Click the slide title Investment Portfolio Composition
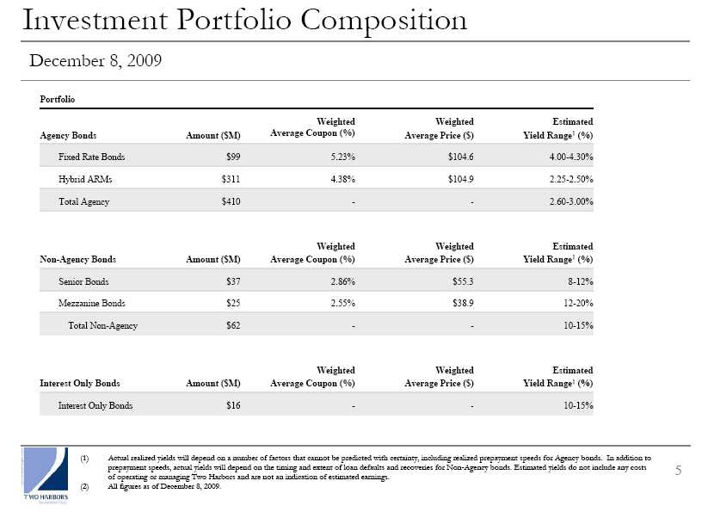[x=244, y=21]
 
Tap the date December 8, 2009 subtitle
[x=95, y=60]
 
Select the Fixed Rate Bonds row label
[x=92, y=157]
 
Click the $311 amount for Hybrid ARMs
[x=231, y=179]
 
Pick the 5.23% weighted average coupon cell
[x=342, y=157]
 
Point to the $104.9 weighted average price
[x=460, y=179]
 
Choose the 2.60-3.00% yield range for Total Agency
[x=571, y=201]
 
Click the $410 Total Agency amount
[x=231, y=201]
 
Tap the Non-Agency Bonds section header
[x=77, y=259]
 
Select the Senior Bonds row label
[x=83, y=281]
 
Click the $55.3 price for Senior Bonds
[x=463, y=281]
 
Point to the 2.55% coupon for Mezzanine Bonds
[x=342, y=303]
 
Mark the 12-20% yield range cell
[x=578, y=303]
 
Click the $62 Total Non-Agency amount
[x=233, y=325]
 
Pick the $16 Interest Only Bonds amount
[x=233, y=405]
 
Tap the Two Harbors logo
[x=46, y=475]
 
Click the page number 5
[x=678, y=471]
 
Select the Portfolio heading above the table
[x=58, y=99]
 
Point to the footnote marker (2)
[x=84, y=486]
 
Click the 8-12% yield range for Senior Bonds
[x=581, y=281]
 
